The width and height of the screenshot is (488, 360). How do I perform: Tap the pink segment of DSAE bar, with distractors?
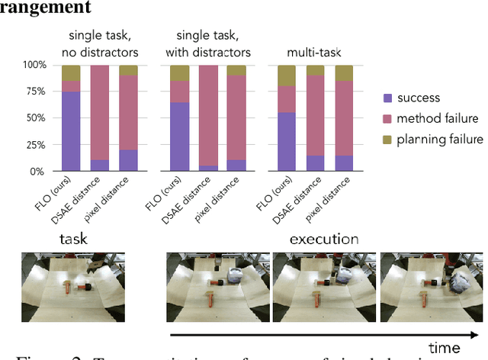pos(207,115)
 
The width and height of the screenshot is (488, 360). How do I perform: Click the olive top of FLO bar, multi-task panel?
pos(287,76)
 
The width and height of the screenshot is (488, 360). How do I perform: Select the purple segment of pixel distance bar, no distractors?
pos(128,160)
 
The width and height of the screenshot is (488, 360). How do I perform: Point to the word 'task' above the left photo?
pos(73,239)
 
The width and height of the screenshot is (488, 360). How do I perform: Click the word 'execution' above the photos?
pos(323,239)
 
